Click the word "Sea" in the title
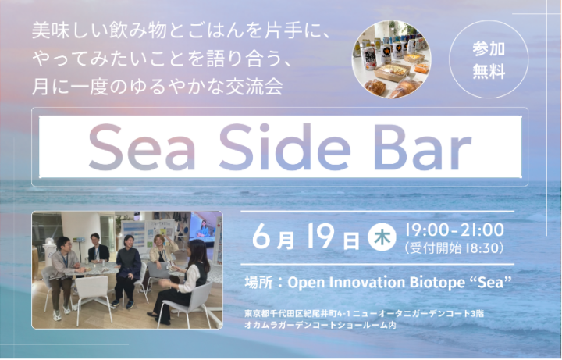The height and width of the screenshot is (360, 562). coord(142,147)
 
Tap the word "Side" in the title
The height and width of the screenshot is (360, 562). coord(285,147)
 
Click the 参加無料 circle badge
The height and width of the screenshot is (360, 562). coord(489,59)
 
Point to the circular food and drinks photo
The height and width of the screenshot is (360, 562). coord(391,59)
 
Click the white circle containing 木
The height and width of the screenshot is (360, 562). coord(382,237)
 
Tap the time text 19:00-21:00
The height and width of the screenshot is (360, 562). coord(454,230)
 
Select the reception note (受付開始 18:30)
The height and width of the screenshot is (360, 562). coord(454,248)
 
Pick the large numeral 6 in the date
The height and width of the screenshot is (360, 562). coord(261,236)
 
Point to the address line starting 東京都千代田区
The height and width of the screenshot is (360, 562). coord(365,313)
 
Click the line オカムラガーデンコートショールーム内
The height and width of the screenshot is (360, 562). coord(321,325)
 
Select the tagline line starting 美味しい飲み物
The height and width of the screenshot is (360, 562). coord(180,30)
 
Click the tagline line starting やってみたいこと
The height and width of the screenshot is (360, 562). coord(162,59)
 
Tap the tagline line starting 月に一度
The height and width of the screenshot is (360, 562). coord(158,87)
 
